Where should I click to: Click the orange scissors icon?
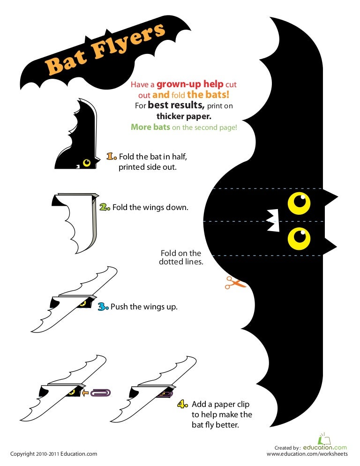[x=235, y=282]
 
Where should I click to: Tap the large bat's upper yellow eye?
[x=299, y=202]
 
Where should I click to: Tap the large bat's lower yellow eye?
[x=299, y=238]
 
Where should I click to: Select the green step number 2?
[x=105, y=207]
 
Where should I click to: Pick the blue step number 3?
[x=103, y=307]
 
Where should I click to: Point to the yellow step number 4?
[x=184, y=404]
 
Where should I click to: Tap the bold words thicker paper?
[x=184, y=116]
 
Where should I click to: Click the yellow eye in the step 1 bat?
[x=87, y=163]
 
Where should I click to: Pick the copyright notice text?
[x=54, y=454]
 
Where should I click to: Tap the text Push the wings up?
[x=144, y=307]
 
